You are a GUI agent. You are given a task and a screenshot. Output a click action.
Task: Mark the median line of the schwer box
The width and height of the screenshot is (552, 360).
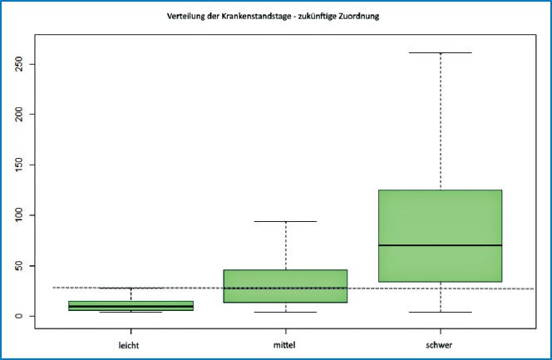440,245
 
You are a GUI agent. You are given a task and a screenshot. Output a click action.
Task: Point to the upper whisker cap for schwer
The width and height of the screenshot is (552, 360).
440,53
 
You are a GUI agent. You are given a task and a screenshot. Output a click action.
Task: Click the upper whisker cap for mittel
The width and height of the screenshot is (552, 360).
285,221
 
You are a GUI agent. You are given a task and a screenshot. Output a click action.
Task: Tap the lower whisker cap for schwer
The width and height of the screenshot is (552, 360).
440,312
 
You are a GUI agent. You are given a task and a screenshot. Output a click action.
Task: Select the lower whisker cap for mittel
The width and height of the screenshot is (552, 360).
285,312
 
